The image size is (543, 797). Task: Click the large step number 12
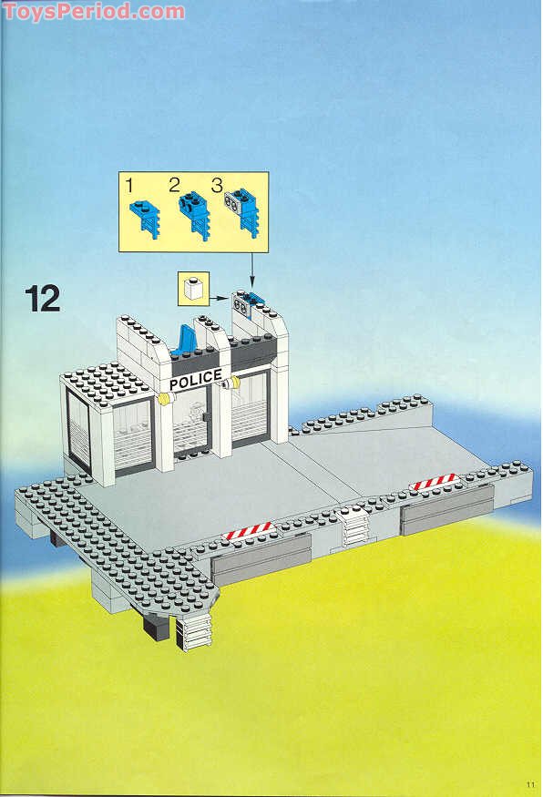coord(43,298)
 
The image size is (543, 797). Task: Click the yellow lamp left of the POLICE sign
coord(163,398)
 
